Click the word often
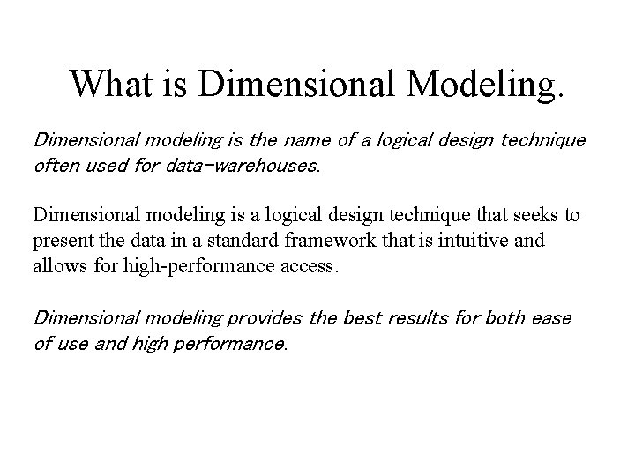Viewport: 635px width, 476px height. (x=56, y=164)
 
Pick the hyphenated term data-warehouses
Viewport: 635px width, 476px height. (x=241, y=164)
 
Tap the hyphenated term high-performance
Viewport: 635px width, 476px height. (x=183, y=264)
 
